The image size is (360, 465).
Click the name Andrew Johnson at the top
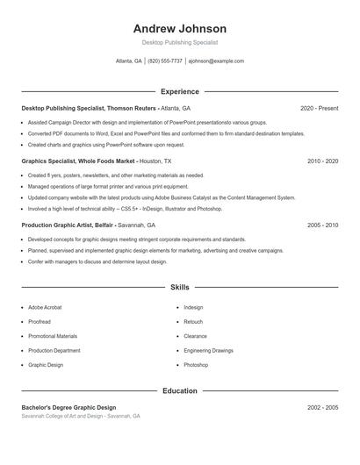179,28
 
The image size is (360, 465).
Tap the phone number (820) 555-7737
165,61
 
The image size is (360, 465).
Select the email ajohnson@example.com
216,61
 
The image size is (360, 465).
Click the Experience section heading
179,91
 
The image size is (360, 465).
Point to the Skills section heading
179,287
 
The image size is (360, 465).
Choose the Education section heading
179,390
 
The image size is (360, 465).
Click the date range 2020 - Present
319,108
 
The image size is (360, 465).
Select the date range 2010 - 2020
322,161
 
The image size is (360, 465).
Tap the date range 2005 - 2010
322,225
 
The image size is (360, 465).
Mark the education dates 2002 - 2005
322,407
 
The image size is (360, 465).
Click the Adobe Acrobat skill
45,308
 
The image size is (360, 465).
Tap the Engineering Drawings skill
208,350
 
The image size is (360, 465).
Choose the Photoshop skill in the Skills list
196,364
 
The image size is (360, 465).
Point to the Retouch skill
193,322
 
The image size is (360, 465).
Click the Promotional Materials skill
53,336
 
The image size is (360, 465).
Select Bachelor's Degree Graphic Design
68,407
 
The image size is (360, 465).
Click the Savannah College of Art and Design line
80,416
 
